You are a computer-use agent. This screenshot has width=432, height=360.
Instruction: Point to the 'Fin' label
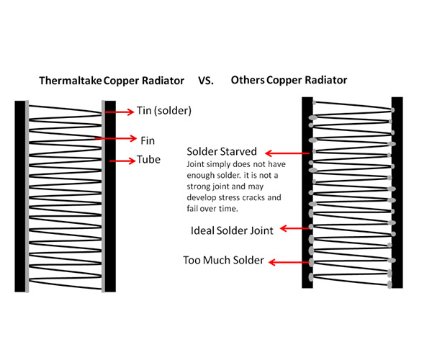pos(148,139)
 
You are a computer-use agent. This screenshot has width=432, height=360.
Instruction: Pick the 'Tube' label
pos(150,160)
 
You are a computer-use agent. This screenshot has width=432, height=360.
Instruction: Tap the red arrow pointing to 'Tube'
pos(121,160)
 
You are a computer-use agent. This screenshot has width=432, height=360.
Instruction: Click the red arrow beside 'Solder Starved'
pos(288,153)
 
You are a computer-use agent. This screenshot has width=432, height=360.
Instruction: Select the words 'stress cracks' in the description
pos(238,196)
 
